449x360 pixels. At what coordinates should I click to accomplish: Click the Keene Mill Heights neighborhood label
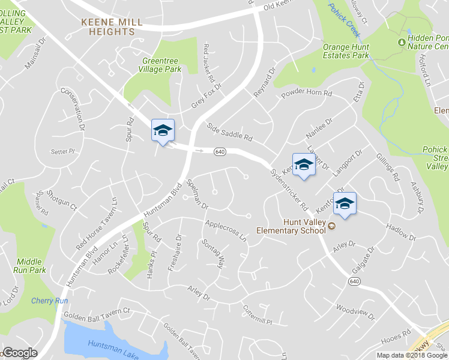[x=112, y=27]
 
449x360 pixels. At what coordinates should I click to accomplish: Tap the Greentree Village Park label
[x=161, y=65]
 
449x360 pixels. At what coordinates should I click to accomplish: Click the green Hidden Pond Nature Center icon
[x=402, y=41]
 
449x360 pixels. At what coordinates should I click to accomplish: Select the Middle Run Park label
[x=29, y=266]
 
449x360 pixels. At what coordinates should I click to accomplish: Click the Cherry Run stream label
[x=49, y=301]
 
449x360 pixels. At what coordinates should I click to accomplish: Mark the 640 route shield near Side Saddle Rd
[x=220, y=152]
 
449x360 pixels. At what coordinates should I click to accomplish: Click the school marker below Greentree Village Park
[x=163, y=131]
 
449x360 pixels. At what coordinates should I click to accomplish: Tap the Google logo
[x=19, y=353]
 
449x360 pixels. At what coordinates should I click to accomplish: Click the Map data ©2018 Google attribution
[x=412, y=355]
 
